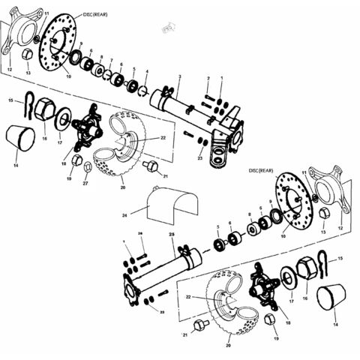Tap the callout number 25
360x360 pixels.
click(172, 235)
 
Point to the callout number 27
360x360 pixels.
click(85, 183)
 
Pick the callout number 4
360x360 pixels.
click(146, 73)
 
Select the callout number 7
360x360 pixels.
click(111, 61)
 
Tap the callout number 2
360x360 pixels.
click(208, 79)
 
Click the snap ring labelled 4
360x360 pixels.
click(143, 91)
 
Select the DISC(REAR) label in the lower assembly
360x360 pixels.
click(259, 171)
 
